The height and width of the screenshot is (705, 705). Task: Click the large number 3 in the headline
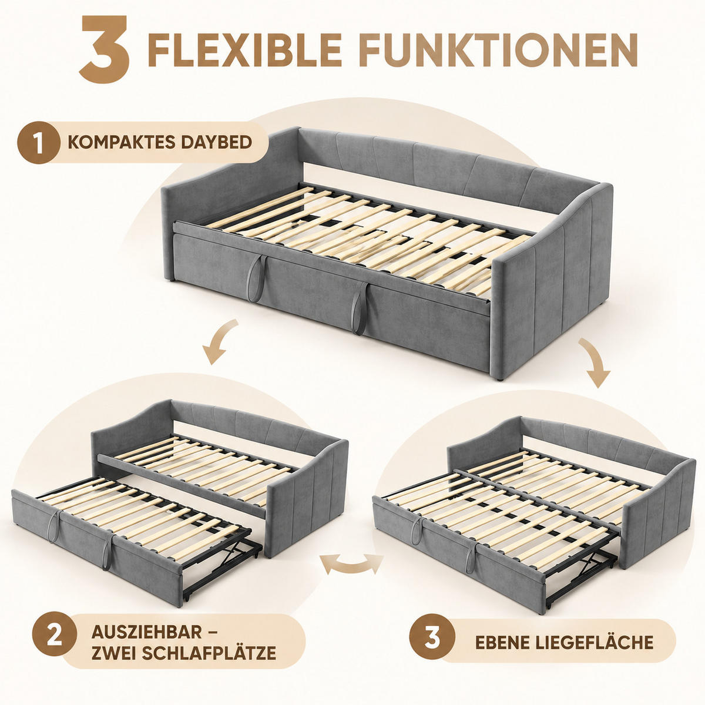[104, 49]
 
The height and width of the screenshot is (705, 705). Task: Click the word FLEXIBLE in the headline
[245, 49]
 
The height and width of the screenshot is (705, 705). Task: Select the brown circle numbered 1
[39, 142]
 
